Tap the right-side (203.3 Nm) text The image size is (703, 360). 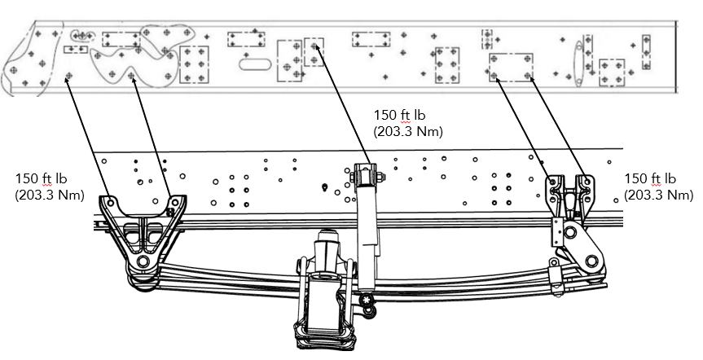click(x=658, y=195)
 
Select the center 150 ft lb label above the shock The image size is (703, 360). click(x=399, y=115)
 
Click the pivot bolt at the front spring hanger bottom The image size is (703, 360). click(x=143, y=261)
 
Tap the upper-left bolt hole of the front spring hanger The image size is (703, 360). click(x=108, y=201)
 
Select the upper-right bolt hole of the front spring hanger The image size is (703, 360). click(x=173, y=200)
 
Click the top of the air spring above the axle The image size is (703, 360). click(x=326, y=237)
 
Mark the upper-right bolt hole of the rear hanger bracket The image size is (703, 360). click(x=585, y=179)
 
